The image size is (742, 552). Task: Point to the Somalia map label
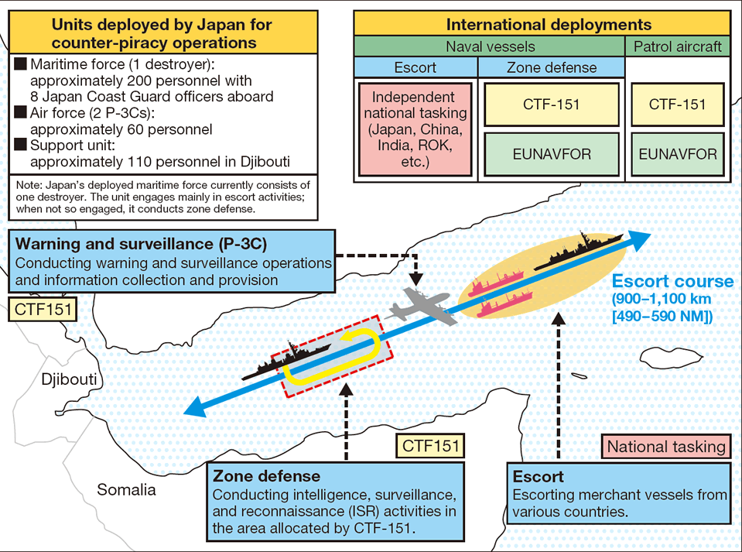(126, 489)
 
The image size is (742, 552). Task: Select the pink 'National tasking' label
(666, 446)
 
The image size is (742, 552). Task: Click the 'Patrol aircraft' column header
(677, 47)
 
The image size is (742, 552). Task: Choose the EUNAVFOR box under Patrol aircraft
(677, 154)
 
